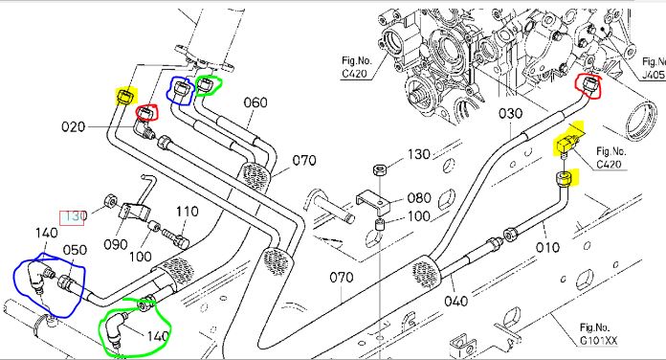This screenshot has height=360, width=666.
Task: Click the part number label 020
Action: (73, 126)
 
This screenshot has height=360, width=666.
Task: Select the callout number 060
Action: (255, 102)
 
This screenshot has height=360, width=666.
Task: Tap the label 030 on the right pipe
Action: (510, 114)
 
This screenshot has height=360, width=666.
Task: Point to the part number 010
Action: (547, 247)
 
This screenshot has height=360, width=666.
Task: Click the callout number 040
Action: (456, 301)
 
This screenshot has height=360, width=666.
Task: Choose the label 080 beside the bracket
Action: (419, 197)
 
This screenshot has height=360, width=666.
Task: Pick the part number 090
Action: (116, 244)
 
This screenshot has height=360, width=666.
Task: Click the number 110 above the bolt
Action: (187, 212)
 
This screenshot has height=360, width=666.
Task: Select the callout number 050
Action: (75, 250)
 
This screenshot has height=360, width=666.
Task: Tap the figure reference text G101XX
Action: (599, 341)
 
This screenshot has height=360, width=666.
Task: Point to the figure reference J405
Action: (653, 75)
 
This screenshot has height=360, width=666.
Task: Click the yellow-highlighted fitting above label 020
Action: (126, 96)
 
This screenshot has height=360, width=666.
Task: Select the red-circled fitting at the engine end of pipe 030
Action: (589, 85)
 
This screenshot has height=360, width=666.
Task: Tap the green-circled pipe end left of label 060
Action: (205, 86)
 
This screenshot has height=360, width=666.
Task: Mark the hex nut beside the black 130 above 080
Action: (380, 170)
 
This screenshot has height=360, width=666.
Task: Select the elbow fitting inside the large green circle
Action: (117, 327)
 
